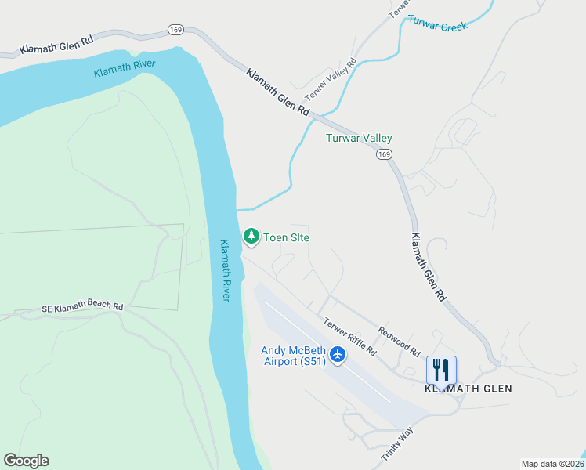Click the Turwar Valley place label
point(359,139)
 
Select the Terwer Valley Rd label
point(331,79)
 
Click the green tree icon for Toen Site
point(251,235)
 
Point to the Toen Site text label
point(287,237)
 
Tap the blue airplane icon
point(338,355)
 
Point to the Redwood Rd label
point(399,339)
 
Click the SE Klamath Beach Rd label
point(82,308)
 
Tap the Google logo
point(26,461)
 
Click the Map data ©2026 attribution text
point(552,463)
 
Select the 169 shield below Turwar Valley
point(383,154)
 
